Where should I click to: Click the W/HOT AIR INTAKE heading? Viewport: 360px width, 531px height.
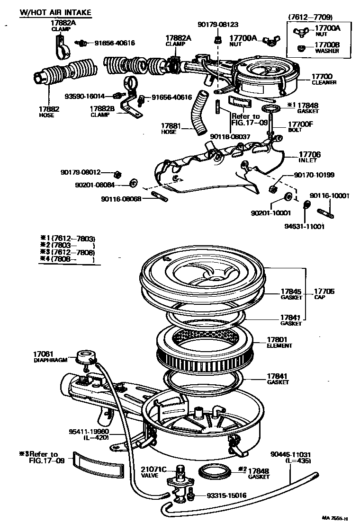click(x=55, y=12)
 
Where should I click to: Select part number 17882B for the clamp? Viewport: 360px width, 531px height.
click(x=102, y=108)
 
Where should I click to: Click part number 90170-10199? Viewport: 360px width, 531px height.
click(x=314, y=175)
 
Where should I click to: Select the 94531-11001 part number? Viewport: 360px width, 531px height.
click(x=304, y=226)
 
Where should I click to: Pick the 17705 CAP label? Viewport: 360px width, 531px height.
click(x=324, y=294)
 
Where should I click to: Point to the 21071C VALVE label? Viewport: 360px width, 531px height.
click(x=153, y=472)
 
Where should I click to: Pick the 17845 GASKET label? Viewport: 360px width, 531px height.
click(x=291, y=294)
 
